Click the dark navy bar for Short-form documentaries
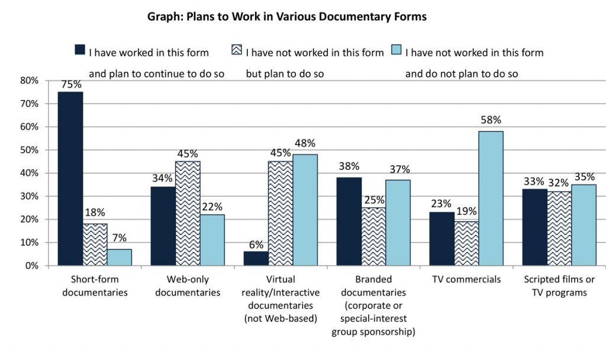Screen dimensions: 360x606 [x=70, y=179]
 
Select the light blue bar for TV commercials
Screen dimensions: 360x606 [x=491, y=198]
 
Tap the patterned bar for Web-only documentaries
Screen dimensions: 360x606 [x=188, y=213]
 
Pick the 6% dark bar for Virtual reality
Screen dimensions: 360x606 [x=256, y=259]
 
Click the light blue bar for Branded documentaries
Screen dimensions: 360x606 [x=398, y=223]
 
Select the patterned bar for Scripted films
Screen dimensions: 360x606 [x=559, y=229]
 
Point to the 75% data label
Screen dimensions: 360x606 [x=70, y=85]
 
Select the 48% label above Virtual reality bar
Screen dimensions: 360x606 [x=305, y=144]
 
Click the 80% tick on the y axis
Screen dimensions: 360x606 [x=29, y=80]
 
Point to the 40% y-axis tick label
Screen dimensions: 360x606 [x=29, y=173]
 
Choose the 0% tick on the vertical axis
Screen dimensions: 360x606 [x=31, y=266]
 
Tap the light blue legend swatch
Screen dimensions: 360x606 [x=395, y=50]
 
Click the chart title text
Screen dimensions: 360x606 [x=286, y=17]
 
